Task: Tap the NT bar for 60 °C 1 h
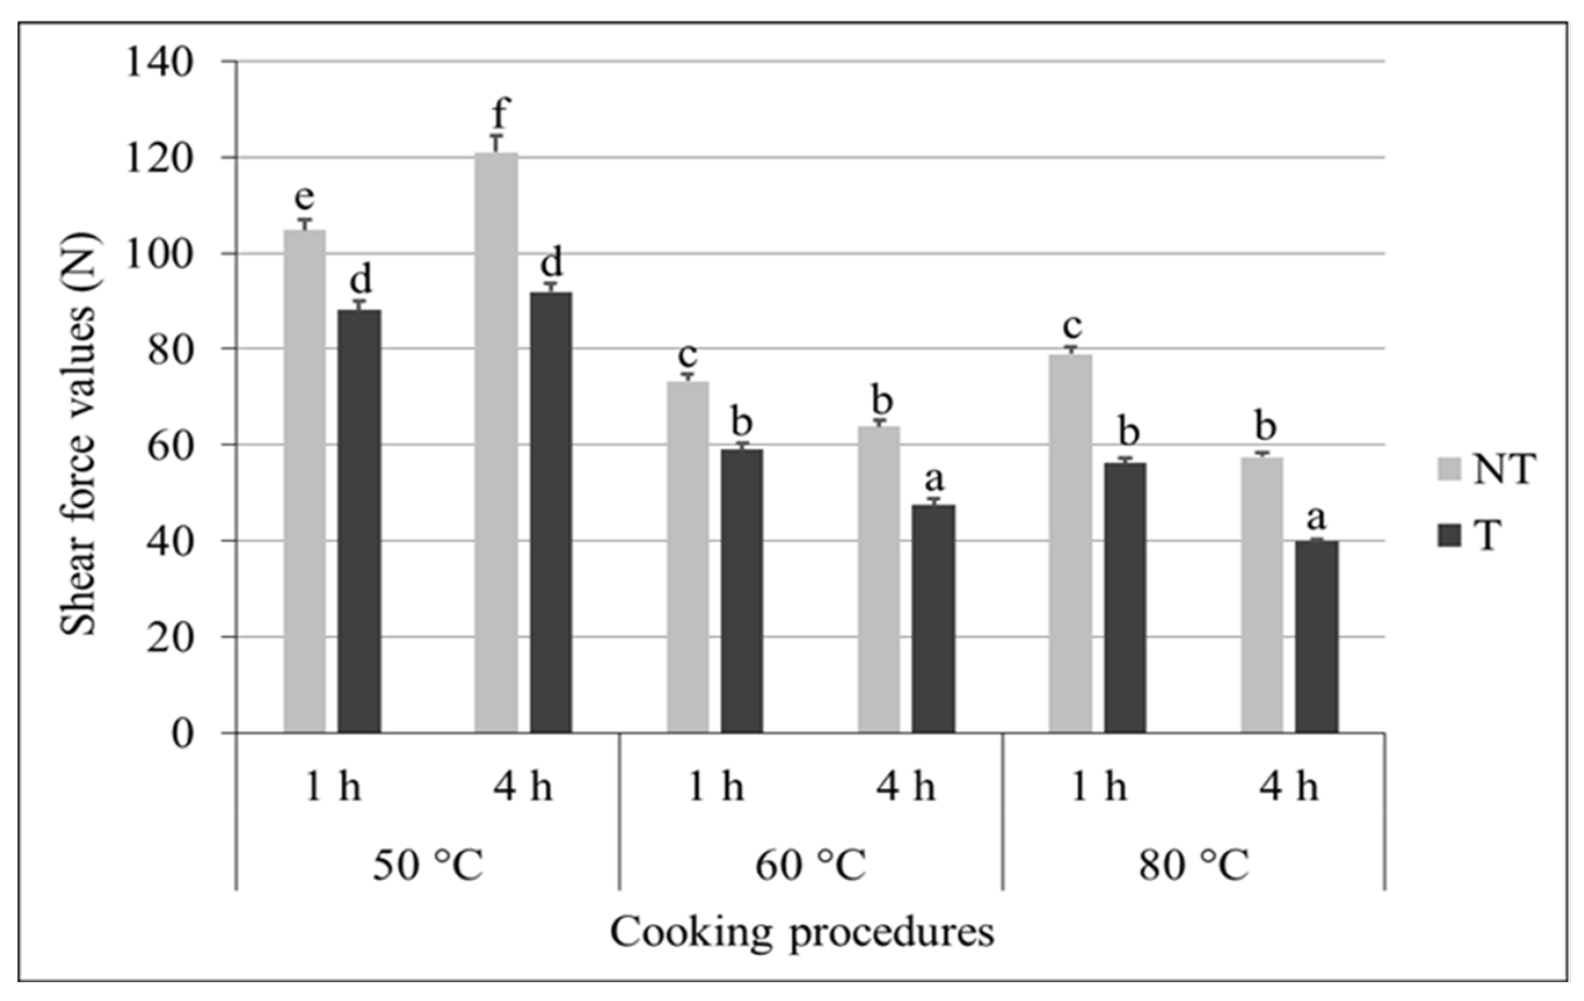click(x=687, y=557)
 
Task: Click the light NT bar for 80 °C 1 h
click(x=1071, y=543)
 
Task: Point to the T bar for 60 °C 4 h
click(x=934, y=619)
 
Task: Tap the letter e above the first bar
click(x=304, y=197)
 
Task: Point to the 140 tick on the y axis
click(x=160, y=63)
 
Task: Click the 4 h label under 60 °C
click(x=906, y=786)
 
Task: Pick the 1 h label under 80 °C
click(x=1098, y=786)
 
